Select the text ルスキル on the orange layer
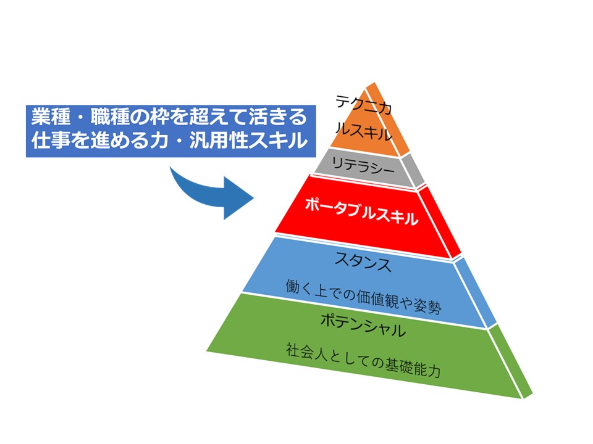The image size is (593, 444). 363,131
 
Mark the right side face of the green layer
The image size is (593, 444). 511,364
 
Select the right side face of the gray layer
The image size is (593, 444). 417,170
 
